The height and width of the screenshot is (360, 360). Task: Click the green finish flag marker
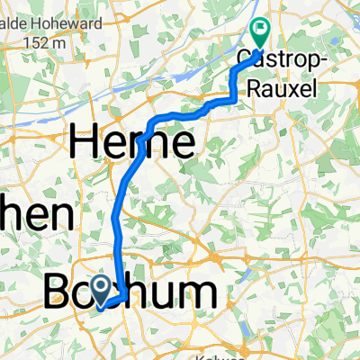[259, 33]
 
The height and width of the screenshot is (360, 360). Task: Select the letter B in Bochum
[59, 295]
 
